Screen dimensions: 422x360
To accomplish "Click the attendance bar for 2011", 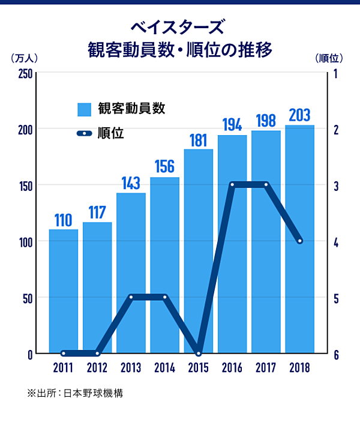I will [x=63, y=291].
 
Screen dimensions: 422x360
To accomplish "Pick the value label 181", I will [x=198, y=140].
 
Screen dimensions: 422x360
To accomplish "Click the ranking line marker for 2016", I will [x=232, y=184].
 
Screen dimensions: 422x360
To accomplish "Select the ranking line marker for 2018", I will [x=299, y=241].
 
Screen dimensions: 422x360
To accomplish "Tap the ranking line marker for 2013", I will [x=131, y=297].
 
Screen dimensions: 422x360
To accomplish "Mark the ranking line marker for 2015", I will [x=199, y=353].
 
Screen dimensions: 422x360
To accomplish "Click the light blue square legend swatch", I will [x=84, y=109].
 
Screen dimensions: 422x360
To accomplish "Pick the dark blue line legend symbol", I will [x=85, y=133].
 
